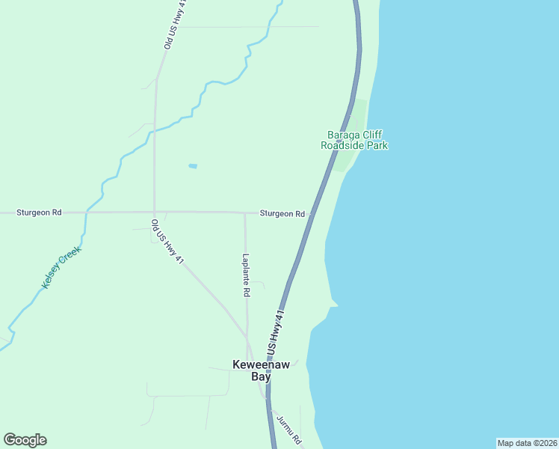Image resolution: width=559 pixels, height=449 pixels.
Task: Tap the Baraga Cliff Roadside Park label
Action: pos(354,141)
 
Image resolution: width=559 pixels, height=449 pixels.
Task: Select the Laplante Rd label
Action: pos(246,275)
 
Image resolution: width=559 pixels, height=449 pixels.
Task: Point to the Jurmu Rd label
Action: pos(288,428)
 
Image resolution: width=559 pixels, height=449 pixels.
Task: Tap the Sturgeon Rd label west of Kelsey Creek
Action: pos(40,213)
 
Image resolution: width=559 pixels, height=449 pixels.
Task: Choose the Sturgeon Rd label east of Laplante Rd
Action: pos(282,213)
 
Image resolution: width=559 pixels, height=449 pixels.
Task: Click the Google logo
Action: pos(25,440)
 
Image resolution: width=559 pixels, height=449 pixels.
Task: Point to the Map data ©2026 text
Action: pos(527,443)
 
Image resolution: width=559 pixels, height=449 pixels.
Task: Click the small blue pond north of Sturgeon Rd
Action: pos(193,165)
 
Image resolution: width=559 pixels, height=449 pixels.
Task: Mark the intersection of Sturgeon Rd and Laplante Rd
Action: pos(245,213)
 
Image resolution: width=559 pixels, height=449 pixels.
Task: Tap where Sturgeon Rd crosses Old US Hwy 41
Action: pos(154,213)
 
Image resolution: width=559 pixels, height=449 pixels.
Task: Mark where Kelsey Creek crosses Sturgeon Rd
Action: pos(86,213)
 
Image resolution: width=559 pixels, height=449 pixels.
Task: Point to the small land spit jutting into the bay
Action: pos(333,302)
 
